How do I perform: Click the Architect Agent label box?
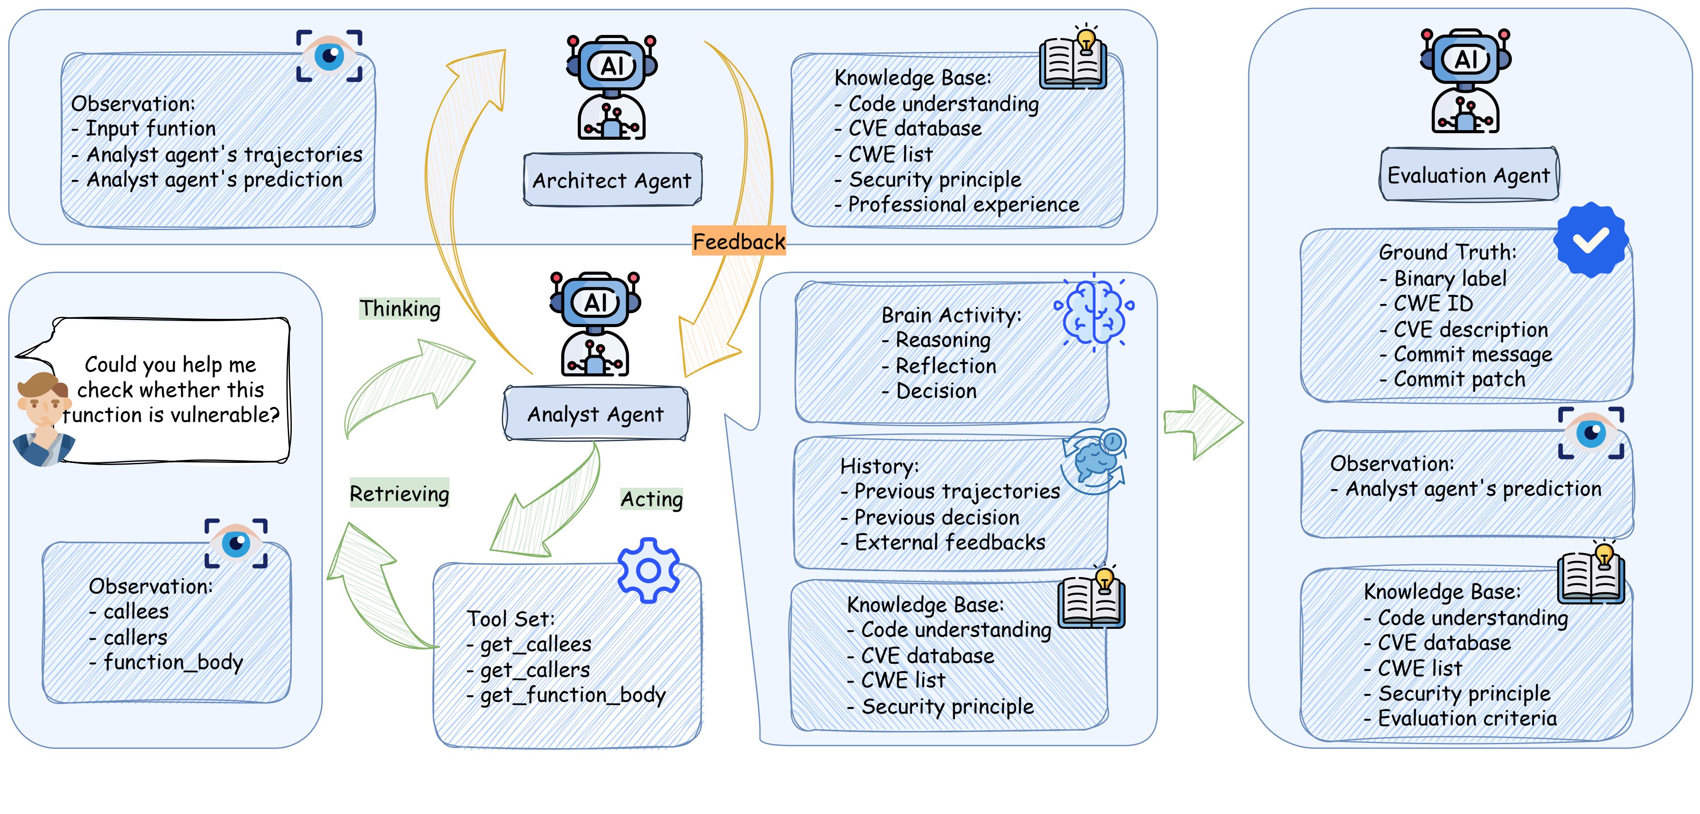coord(612,180)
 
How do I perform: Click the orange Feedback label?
coord(739,242)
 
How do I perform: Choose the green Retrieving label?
coord(399,493)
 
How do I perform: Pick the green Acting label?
coord(651,499)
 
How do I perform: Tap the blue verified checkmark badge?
coord(1590,239)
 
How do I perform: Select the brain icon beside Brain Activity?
coord(1094,312)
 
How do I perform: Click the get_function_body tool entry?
coord(572,695)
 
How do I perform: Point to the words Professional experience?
coord(964,204)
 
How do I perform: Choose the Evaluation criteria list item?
coord(1467,718)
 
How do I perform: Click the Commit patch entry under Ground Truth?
coord(1459,379)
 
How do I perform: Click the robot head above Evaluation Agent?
coord(1466,59)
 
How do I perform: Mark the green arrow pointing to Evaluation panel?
coord(1202,422)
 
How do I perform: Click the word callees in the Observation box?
coord(136,611)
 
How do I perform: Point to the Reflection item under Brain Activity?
coord(946,366)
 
